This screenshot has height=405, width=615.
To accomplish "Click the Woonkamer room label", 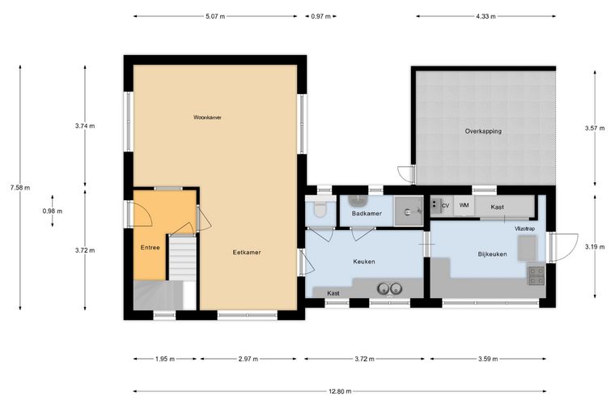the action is tap(207, 117).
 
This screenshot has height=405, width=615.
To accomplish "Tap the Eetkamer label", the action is tap(247, 253).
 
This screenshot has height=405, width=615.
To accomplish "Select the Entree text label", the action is tap(151, 248).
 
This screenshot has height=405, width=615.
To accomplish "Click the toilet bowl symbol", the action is tap(320, 210).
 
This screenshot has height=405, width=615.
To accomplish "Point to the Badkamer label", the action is tap(367, 214).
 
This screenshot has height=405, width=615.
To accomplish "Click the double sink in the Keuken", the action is tap(390, 289).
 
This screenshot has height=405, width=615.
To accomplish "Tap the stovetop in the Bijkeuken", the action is tap(537, 275).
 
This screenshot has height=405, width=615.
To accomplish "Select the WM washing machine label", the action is tap(464, 205).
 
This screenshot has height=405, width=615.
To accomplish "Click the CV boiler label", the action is tap(445, 206).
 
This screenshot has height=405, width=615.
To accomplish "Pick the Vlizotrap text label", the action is tap(525, 228).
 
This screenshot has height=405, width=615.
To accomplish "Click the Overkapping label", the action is tap(483, 131).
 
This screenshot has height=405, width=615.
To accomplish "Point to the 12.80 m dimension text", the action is tap(340, 391).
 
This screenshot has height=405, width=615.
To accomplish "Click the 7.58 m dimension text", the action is tap(20, 188).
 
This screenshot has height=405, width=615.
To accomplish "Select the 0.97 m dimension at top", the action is tap(320, 16).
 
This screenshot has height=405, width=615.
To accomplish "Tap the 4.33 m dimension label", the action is tap(486, 16).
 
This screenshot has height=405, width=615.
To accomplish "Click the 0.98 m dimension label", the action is tap(52, 211).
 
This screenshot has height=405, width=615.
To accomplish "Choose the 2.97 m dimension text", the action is tap(248, 359).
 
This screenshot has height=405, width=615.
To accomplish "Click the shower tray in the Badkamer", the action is tap(409, 211).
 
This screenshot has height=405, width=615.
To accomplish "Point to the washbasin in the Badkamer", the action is tap(358, 201).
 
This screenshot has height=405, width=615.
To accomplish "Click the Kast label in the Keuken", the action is tap(333, 293).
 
